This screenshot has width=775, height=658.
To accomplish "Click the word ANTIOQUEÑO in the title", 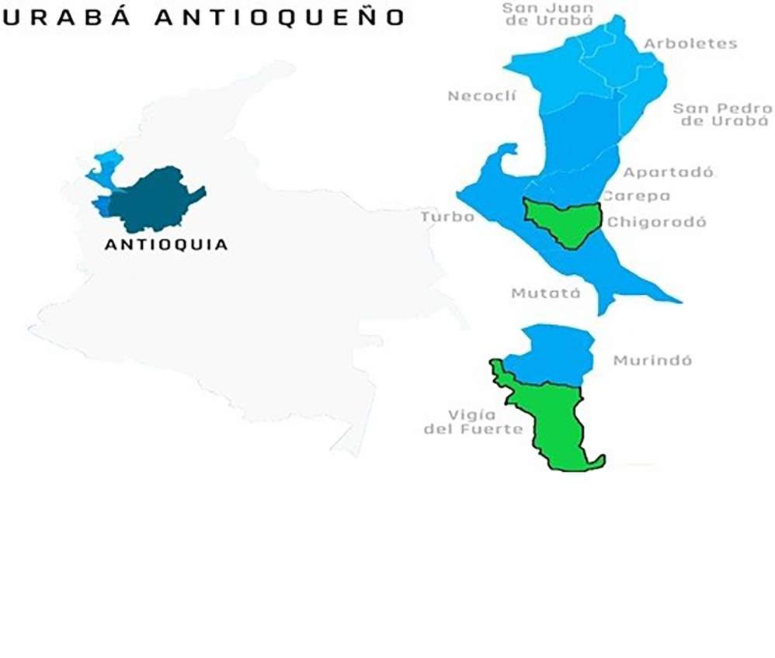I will [279, 17].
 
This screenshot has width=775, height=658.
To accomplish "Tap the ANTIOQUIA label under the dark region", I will [166, 244].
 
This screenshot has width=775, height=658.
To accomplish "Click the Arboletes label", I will [690, 43].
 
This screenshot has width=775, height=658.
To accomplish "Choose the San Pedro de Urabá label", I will [721, 114].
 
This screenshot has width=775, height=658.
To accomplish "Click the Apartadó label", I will [668, 172].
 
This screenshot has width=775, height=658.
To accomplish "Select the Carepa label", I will [636, 196].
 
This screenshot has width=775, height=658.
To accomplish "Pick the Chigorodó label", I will [657, 222].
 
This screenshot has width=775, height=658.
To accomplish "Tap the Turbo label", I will [447, 216].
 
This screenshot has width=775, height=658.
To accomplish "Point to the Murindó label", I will [652, 361].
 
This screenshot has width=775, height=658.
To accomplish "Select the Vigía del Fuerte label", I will [474, 421].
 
